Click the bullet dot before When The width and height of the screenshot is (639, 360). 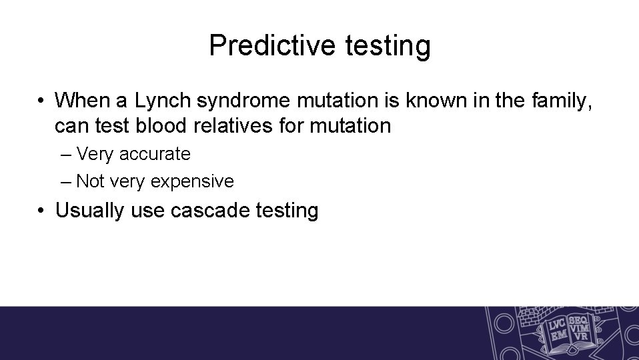[x=41, y=101]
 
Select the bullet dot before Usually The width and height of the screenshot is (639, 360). [x=41, y=211]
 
